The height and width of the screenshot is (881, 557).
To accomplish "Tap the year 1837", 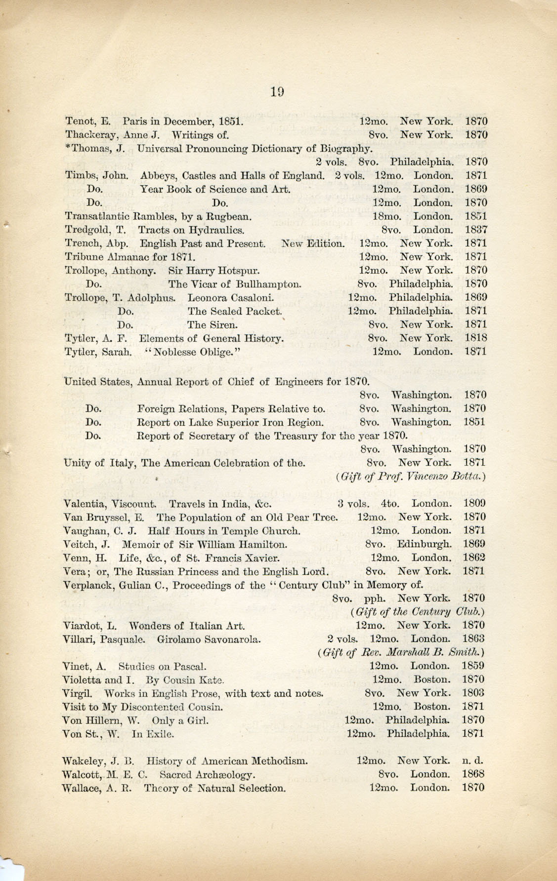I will click(476, 230).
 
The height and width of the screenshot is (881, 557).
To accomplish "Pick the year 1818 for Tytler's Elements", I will click(476, 338).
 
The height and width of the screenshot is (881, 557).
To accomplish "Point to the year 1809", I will click(474, 504).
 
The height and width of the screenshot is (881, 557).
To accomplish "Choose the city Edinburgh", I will click(424, 545).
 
